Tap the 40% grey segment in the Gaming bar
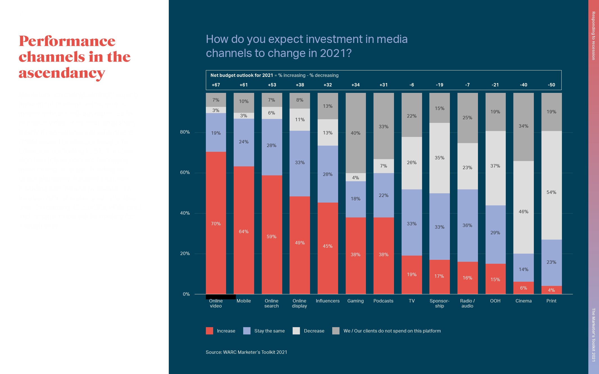(356, 133)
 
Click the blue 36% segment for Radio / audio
(467, 225)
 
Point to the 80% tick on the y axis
(185, 132)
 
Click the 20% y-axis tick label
(185, 254)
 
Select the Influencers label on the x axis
(327, 301)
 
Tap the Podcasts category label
(383, 301)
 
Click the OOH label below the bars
(495, 301)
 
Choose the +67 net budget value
(216, 85)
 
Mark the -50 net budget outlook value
(551, 85)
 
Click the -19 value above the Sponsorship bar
(439, 85)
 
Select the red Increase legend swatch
(209, 331)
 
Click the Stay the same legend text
(269, 331)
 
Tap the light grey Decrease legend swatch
(296, 331)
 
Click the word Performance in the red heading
(67, 41)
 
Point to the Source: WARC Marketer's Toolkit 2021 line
(246, 352)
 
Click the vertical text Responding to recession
(593, 36)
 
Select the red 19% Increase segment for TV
(411, 274)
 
